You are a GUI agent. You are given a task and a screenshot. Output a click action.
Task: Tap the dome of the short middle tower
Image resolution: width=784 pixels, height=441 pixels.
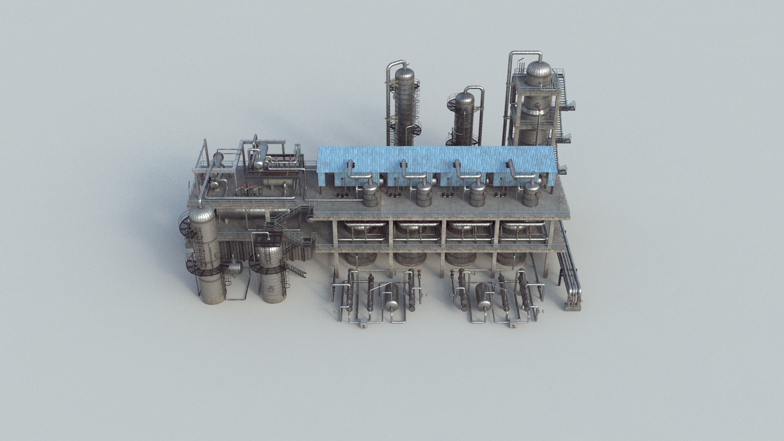[x=464, y=98]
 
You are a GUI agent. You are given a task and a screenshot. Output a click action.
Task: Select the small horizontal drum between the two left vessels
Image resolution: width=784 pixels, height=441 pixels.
[x=235, y=268]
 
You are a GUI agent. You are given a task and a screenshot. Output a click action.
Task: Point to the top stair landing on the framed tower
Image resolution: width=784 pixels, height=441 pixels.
[x=562, y=78]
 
